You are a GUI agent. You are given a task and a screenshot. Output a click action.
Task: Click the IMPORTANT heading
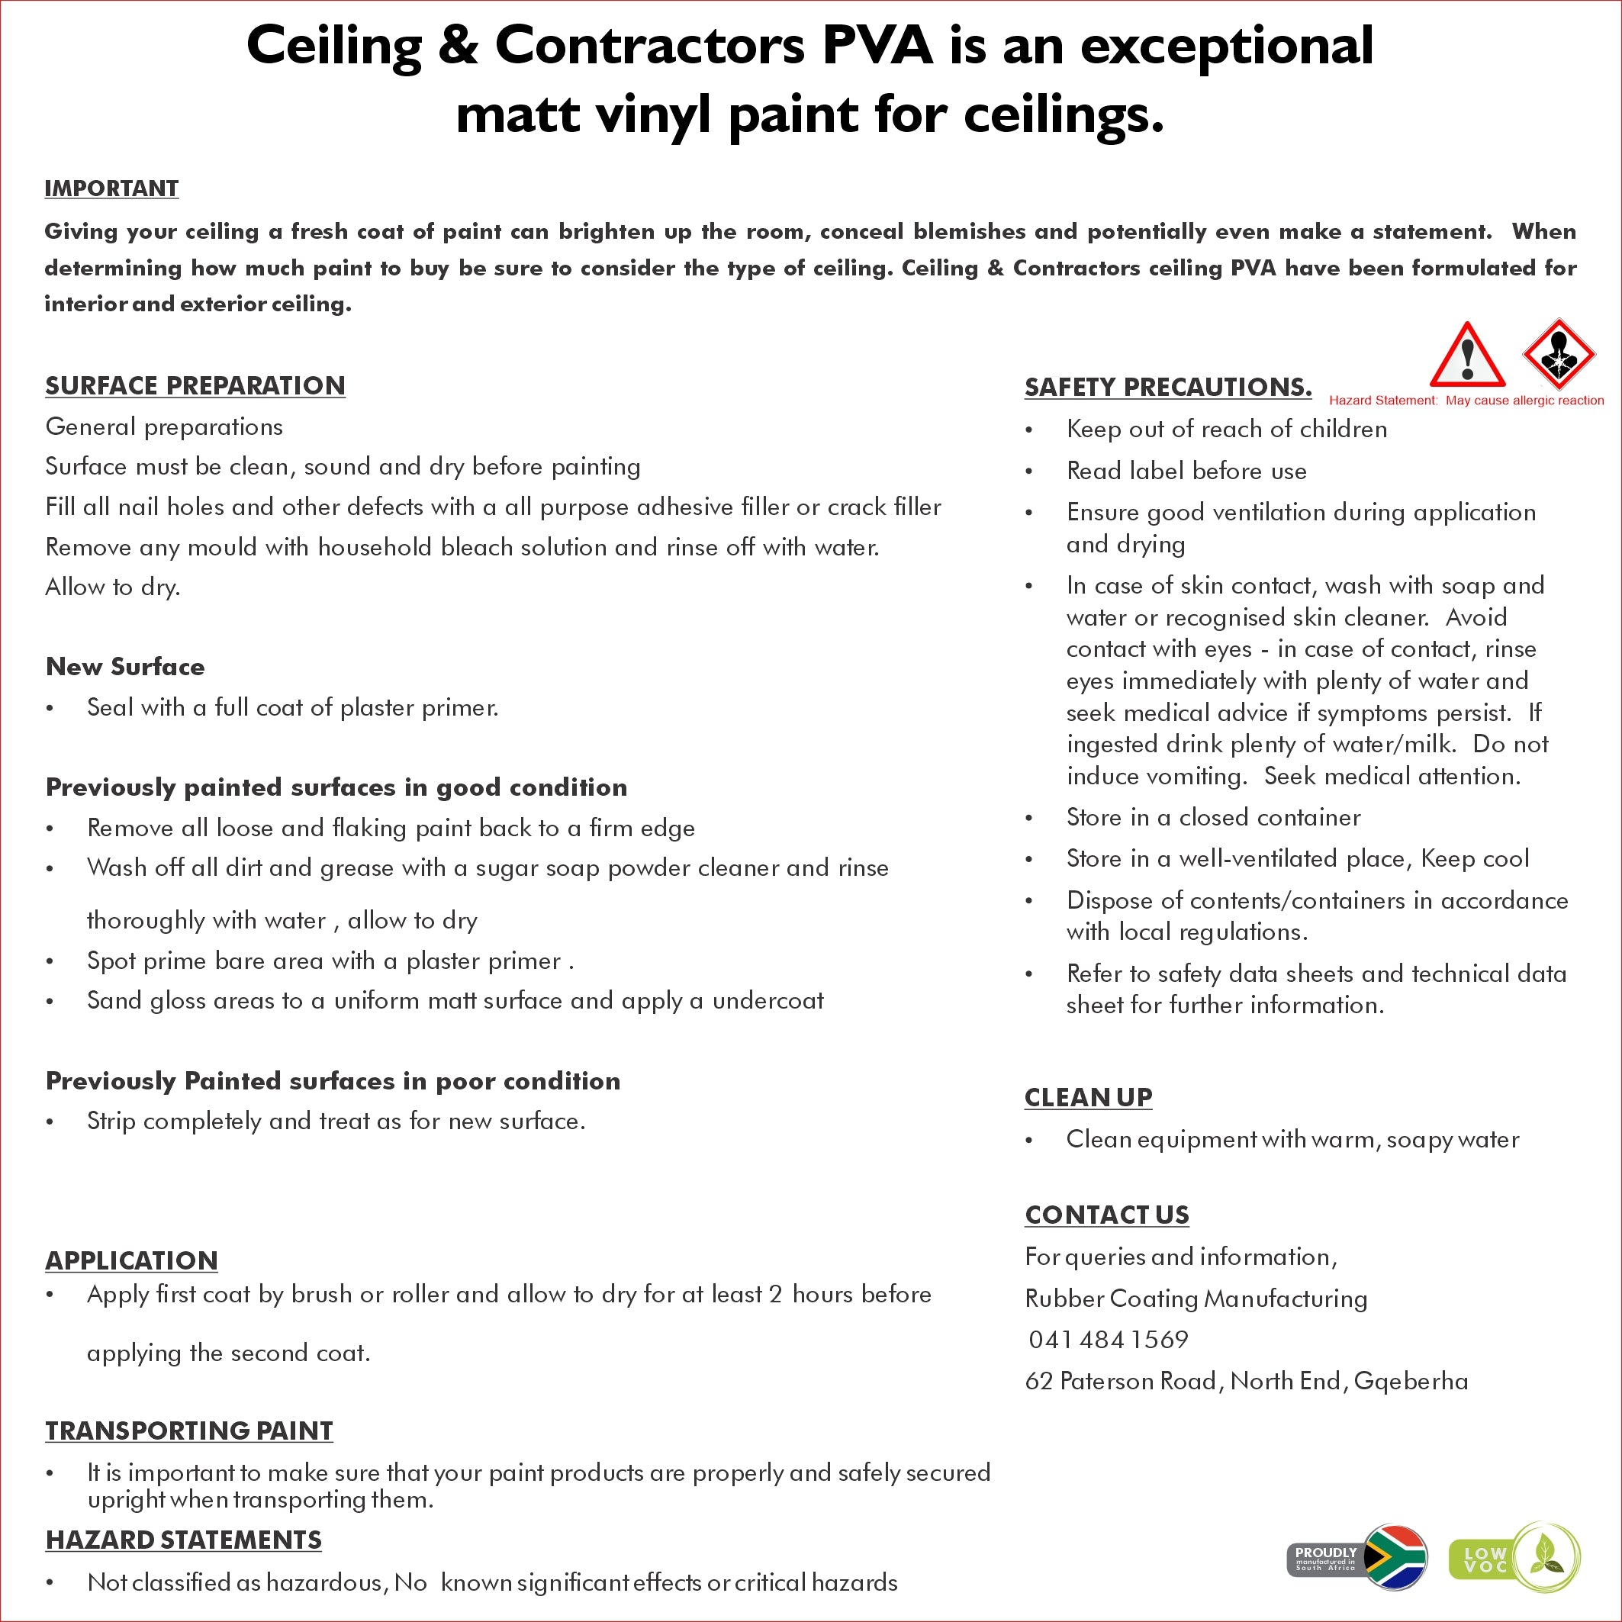coord(111,188)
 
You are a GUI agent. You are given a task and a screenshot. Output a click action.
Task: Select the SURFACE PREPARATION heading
coord(195,385)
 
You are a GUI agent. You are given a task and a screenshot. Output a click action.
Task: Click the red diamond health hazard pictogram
coord(1558,354)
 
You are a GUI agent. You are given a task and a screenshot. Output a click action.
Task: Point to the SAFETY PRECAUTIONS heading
coord(1167,387)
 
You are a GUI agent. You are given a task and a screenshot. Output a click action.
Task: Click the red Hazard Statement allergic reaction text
coord(1466,401)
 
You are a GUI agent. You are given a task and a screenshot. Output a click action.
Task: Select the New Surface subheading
coord(125,667)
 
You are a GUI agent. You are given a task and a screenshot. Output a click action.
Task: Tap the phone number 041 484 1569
coord(1109,1339)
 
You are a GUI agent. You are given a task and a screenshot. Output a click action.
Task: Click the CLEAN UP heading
coord(1088,1097)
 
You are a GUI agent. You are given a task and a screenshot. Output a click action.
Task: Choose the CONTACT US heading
coord(1106,1215)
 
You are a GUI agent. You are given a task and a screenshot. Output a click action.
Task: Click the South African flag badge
coord(1394,1558)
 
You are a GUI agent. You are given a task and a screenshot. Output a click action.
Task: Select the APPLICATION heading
coord(131,1260)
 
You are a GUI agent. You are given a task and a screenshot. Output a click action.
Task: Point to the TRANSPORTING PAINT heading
coord(189,1431)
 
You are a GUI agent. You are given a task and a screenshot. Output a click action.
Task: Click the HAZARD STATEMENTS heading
coord(183,1540)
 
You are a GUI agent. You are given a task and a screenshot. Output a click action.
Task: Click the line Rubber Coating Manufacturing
coord(1196,1299)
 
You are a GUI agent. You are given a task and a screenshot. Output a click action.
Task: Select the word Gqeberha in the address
coord(1411,1381)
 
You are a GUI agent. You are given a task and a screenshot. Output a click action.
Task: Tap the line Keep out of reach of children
coord(1226,429)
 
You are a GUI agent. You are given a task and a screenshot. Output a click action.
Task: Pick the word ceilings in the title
coord(1063,114)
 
